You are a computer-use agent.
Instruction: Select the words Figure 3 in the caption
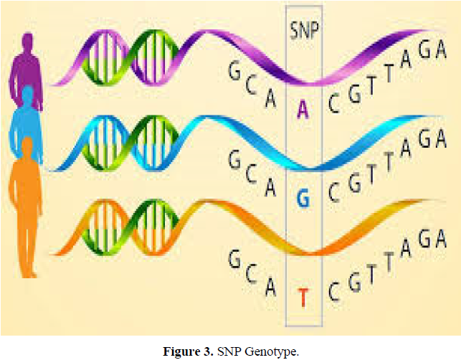[x=191, y=351]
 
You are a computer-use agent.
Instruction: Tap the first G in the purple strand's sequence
[x=234, y=70]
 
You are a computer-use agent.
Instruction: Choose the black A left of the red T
[x=270, y=287]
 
